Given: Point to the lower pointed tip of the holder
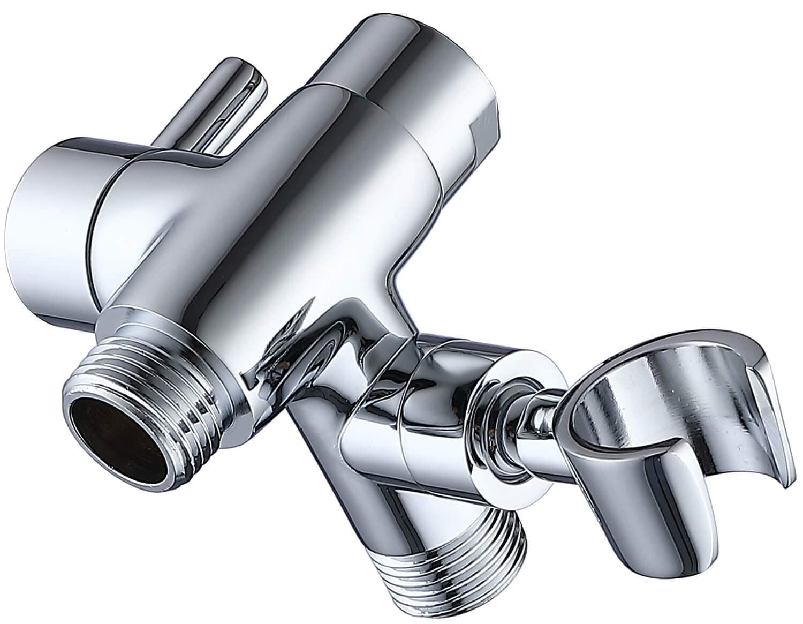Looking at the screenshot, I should (x=784, y=482).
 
